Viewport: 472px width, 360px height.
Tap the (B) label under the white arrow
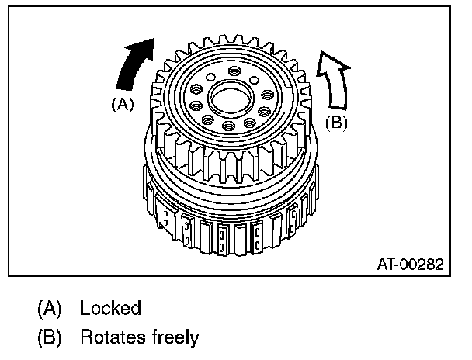(x=335, y=123)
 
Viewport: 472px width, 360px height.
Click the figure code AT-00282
(x=409, y=264)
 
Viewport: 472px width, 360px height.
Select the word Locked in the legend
(x=109, y=308)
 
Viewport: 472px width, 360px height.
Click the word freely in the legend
(x=175, y=337)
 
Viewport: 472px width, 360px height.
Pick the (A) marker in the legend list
(x=50, y=308)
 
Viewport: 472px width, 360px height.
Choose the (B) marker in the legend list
(x=50, y=337)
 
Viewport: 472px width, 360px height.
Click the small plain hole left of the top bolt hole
(x=210, y=78)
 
